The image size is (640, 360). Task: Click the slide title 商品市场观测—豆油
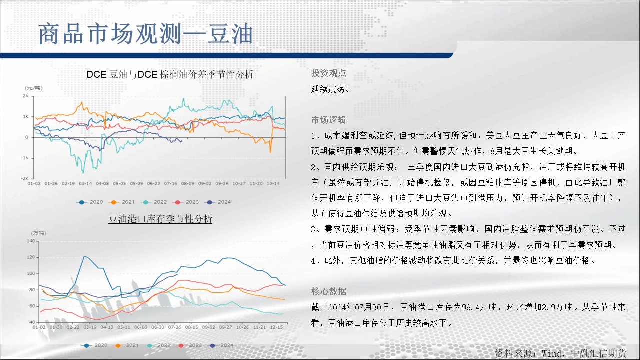(x=145, y=34)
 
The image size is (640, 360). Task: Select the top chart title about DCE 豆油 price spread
(x=170, y=74)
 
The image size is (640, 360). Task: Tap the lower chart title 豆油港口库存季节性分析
(x=160, y=219)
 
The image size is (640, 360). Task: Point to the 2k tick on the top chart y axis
(x=25, y=96)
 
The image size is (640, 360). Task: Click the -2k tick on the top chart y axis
(x=25, y=178)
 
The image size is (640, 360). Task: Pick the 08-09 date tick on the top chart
(x=187, y=183)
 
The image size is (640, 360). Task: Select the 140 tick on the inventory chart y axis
(x=31, y=241)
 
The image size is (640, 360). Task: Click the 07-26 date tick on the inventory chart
(x=175, y=327)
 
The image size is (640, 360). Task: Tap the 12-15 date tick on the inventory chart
(x=276, y=327)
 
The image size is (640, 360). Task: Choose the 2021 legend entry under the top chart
(x=121, y=202)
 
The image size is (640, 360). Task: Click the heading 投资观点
(x=329, y=73)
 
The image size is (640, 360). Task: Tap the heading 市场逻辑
(x=329, y=120)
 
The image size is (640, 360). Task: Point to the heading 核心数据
(x=329, y=291)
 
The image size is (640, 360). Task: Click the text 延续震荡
(x=330, y=89)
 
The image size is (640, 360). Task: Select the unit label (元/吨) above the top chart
(x=33, y=88)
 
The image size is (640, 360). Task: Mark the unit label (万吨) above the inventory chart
(x=38, y=233)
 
